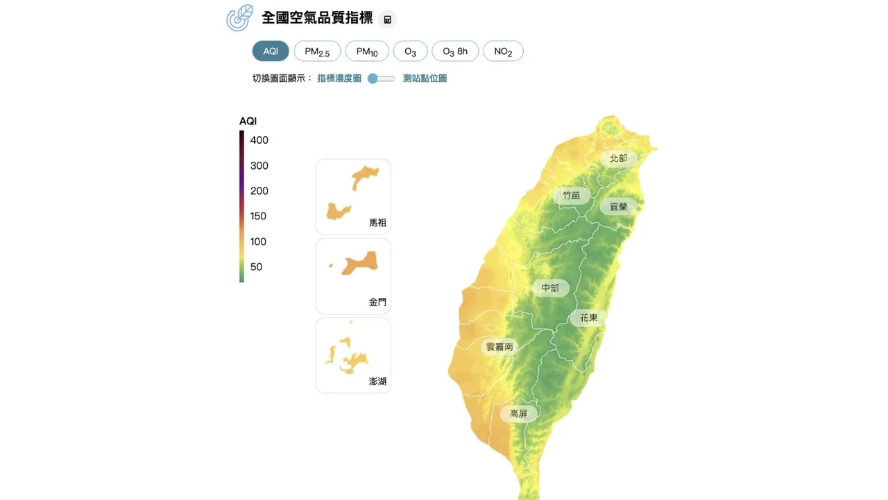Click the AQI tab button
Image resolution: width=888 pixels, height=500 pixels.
point(271,51)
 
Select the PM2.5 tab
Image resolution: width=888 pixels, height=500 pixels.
point(317,51)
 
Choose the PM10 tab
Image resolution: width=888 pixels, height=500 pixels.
point(367,51)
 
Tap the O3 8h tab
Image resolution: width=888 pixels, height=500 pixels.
point(455,51)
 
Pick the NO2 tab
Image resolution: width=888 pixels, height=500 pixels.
point(503,51)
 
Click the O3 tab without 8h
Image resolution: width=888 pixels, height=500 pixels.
point(410,51)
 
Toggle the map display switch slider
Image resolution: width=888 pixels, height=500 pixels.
point(381,78)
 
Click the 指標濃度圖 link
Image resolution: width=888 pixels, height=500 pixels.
point(339,78)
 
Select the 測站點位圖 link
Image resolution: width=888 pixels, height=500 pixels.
point(425,78)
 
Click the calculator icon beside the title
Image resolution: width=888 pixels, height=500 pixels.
point(388,19)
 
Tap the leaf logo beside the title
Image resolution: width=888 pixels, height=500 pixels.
point(240,18)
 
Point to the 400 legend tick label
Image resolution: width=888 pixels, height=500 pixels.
point(259,140)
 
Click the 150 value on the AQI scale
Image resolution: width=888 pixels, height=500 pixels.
point(258,216)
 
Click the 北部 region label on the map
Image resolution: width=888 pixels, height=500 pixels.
point(618,158)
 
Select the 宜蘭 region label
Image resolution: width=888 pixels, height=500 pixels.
point(618,206)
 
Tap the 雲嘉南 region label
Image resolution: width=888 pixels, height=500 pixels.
point(499,347)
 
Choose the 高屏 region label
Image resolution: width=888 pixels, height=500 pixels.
point(518,414)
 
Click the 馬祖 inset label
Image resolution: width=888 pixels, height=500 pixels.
point(377,223)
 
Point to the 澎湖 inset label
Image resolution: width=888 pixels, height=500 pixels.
point(377,381)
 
